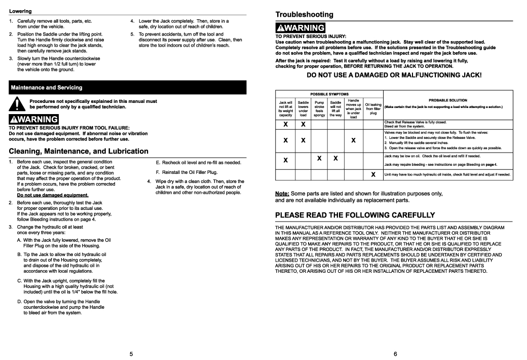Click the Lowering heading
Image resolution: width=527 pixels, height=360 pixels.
tap(20, 11)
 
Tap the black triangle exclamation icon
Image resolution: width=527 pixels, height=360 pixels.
tap(18, 104)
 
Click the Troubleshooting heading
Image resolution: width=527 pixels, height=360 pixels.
tap(304, 14)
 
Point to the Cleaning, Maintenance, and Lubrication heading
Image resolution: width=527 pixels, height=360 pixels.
tap(79, 151)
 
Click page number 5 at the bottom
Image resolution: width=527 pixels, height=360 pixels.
tap(131, 353)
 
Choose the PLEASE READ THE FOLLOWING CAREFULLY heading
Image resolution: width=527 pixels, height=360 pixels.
tap(355, 215)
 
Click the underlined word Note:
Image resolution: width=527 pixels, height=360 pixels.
tap(282, 194)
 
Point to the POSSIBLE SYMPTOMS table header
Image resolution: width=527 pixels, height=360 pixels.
tap(329, 94)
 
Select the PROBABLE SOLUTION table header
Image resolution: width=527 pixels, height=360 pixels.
tap(447, 100)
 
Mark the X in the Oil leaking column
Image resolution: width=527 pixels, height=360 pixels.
tap(373, 175)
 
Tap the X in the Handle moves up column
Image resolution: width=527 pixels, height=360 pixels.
tap(353, 140)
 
